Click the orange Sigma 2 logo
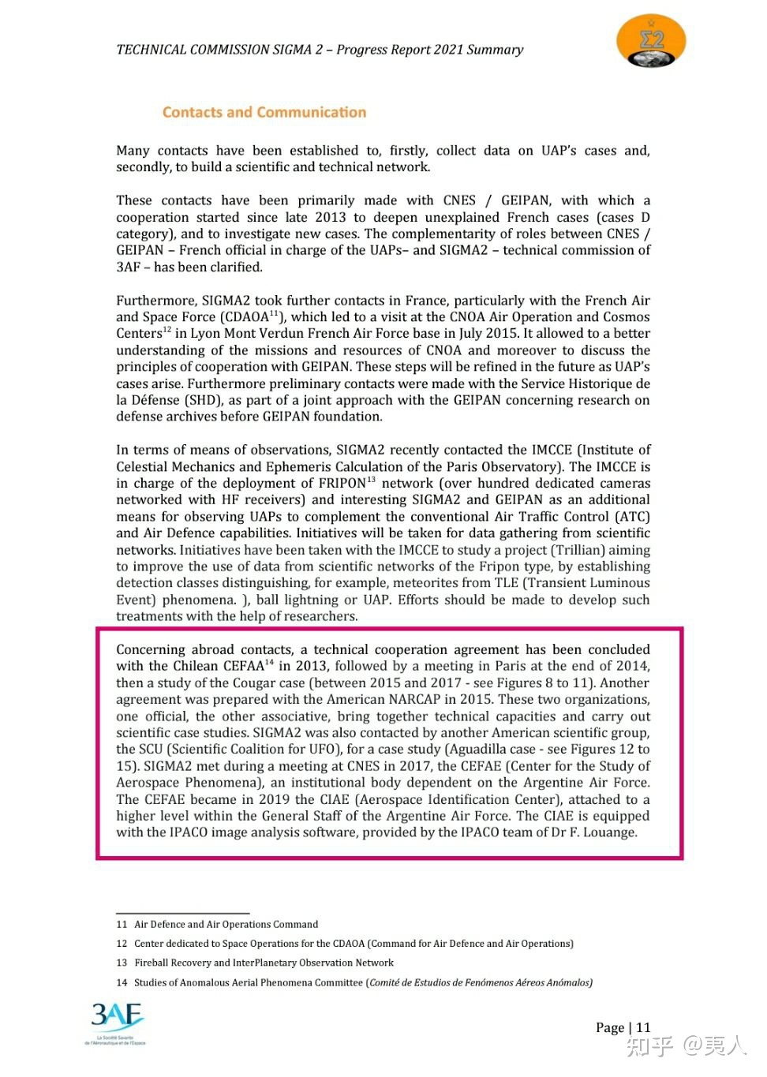(x=650, y=41)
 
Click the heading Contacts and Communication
(x=264, y=112)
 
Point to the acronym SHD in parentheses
(x=203, y=400)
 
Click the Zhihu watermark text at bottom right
(x=686, y=1046)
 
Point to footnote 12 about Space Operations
(x=354, y=944)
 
